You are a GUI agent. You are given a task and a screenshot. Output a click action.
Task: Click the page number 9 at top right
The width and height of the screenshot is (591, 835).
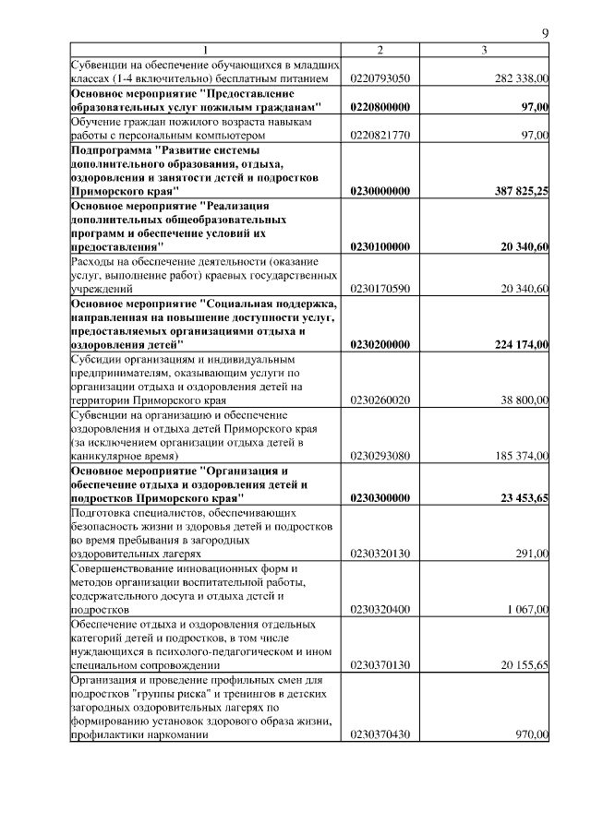pos(545,34)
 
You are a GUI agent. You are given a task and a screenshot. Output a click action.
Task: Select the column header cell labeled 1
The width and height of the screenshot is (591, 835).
pos(206,50)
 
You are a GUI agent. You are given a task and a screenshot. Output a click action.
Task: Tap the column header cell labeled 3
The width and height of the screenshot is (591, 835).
pos(484,50)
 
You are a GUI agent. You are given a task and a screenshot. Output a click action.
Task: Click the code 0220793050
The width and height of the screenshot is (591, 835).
pos(380,79)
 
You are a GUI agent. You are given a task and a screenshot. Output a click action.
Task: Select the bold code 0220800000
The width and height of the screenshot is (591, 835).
pos(380,108)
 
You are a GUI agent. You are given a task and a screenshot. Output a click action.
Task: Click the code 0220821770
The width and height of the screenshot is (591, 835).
pos(380,136)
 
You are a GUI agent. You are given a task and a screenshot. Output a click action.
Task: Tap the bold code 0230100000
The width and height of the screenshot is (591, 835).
pos(380,247)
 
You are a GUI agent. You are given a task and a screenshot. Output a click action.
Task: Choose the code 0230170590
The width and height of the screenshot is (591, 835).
pos(380,290)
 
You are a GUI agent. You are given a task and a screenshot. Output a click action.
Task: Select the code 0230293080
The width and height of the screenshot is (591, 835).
pos(380,456)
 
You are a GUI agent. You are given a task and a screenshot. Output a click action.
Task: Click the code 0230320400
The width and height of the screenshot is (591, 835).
pos(380,610)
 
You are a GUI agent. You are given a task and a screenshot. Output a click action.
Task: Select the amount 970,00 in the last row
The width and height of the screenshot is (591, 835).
pos(535,734)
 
